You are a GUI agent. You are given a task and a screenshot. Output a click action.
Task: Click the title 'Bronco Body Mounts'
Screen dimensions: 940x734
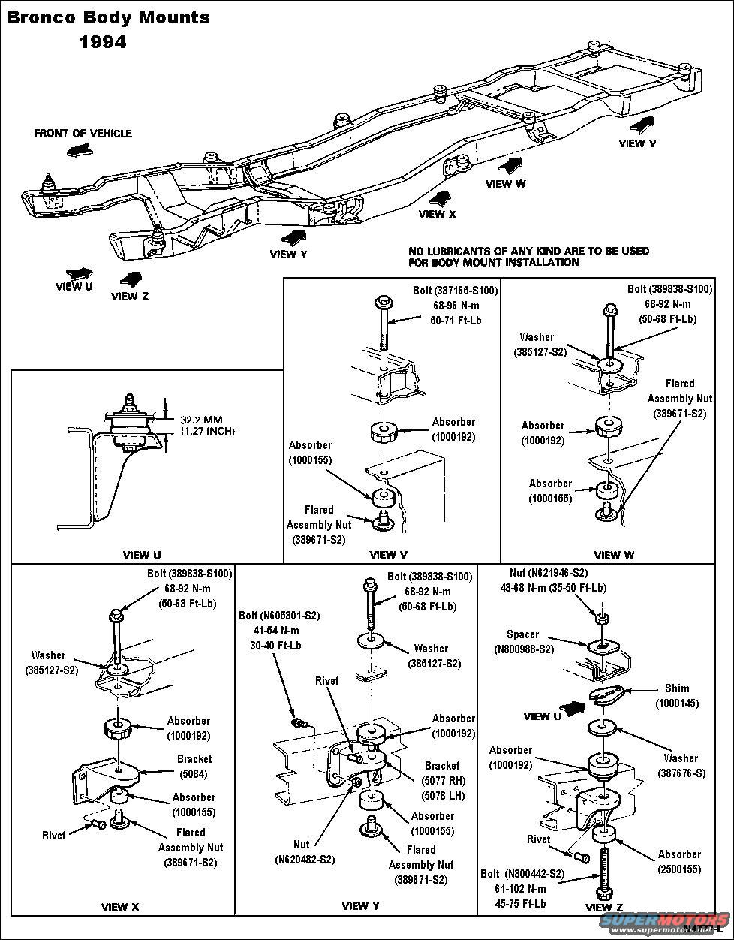tap(108, 17)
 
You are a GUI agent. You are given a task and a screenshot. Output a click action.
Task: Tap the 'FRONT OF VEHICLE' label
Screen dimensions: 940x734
tap(83, 133)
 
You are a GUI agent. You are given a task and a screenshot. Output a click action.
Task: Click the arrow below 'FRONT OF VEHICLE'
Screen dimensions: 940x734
tap(78, 151)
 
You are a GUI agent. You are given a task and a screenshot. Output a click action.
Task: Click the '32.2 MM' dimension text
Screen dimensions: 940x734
tap(202, 420)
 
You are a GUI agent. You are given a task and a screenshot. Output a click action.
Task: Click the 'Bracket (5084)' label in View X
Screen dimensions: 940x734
tap(194, 766)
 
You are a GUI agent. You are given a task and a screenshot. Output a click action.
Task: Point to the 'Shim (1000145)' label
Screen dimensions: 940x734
tap(676, 695)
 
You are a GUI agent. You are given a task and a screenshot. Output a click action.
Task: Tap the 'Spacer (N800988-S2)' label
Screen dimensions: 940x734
tap(523, 642)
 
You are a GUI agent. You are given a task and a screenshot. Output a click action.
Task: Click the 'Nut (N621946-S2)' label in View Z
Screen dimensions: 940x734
tap(554, 573)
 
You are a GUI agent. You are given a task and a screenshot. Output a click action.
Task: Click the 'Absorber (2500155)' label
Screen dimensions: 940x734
tap(679, 861)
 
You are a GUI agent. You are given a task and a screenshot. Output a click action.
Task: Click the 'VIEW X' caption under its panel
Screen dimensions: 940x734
tap(120, 907)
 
